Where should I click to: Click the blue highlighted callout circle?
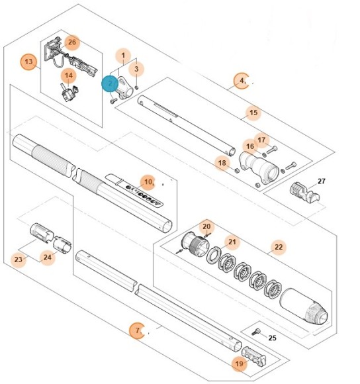pos(109,83)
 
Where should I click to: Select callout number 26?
pos(72,42)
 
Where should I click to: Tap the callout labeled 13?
pos(28,62)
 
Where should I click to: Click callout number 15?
pos(252,113)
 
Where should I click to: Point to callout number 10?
pos(148,180)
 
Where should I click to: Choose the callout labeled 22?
pos(279,248)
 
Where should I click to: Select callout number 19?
pos(239,363)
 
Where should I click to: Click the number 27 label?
pos(322,181)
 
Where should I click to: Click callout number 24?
pos(47,258)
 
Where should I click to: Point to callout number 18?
pos(222,163)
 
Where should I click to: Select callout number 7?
pos(137,330)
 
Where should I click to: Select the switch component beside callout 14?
pos(67,93)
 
